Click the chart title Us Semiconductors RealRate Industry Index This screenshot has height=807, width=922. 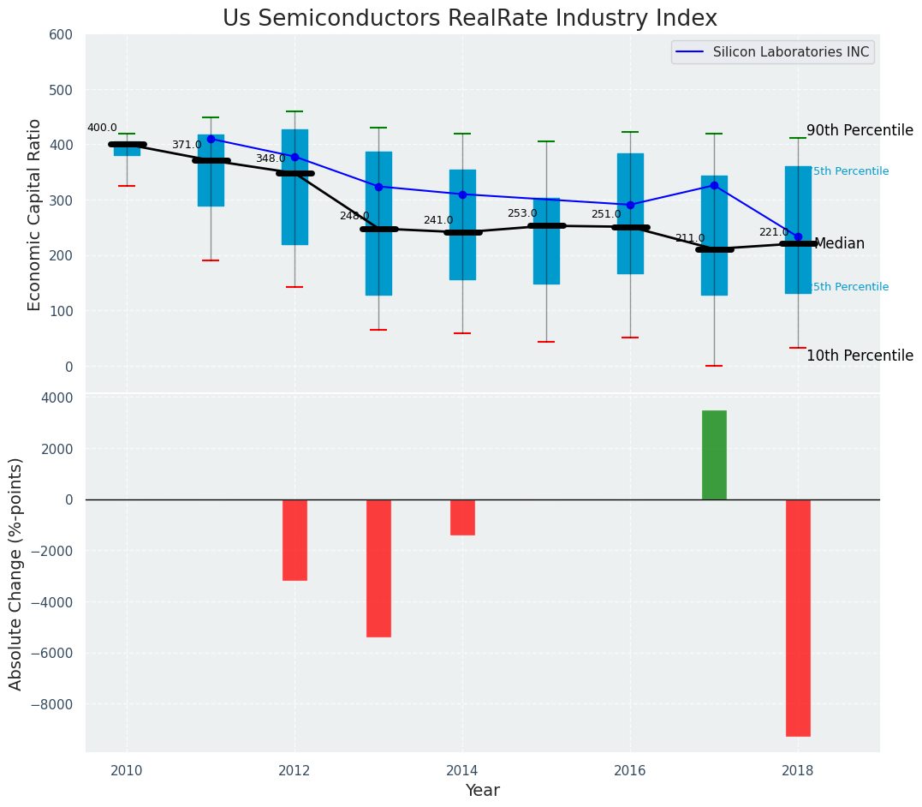coord(469,19)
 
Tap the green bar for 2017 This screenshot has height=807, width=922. coord(714,455)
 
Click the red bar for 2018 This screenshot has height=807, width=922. coord(798,618)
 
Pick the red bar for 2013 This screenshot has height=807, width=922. coord(378,568)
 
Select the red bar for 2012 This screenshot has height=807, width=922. coord(294,540)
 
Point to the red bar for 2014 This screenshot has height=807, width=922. coord(462,517)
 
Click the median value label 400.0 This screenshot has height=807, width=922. coord(102,129)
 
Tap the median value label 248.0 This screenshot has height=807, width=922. coord(354,216)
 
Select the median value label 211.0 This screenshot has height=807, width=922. coord(690,238)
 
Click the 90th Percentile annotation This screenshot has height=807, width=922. coord(860,130)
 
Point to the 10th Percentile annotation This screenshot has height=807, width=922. coord(860,356)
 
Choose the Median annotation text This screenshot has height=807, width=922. coord(839,244)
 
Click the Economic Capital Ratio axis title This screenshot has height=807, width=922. coord(35,214)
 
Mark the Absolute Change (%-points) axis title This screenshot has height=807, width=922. coord(16,573)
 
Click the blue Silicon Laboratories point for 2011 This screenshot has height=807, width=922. coord(211,139)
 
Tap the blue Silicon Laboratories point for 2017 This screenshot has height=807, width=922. coord(714,185)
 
